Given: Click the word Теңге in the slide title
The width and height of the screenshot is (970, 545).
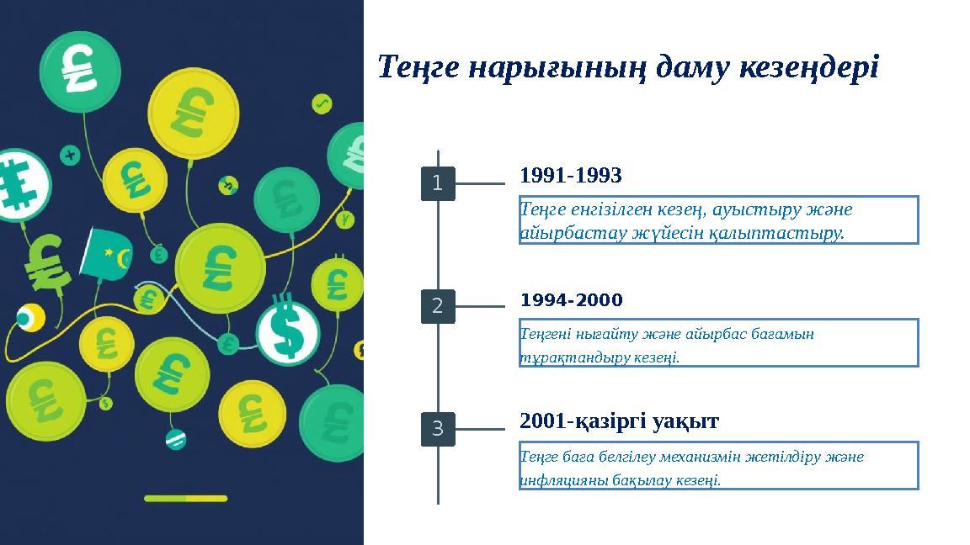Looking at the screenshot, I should [x=417, y=66].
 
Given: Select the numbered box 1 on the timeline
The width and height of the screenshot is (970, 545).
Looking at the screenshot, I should [x=438, y=183].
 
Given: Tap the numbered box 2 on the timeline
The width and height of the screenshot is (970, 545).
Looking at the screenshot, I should [x=438, y=306].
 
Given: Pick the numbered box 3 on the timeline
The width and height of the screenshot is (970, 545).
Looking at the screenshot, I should [x=438, y=429].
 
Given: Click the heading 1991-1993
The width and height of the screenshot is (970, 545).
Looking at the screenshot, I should [x=571, y=176].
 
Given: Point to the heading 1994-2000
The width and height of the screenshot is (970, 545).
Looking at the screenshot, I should [x=572, y=300].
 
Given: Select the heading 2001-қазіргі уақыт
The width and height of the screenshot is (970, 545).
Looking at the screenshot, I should [x=620, y=421].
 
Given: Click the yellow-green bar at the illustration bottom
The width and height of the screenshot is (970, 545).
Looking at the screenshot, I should [x=185, y=498].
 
